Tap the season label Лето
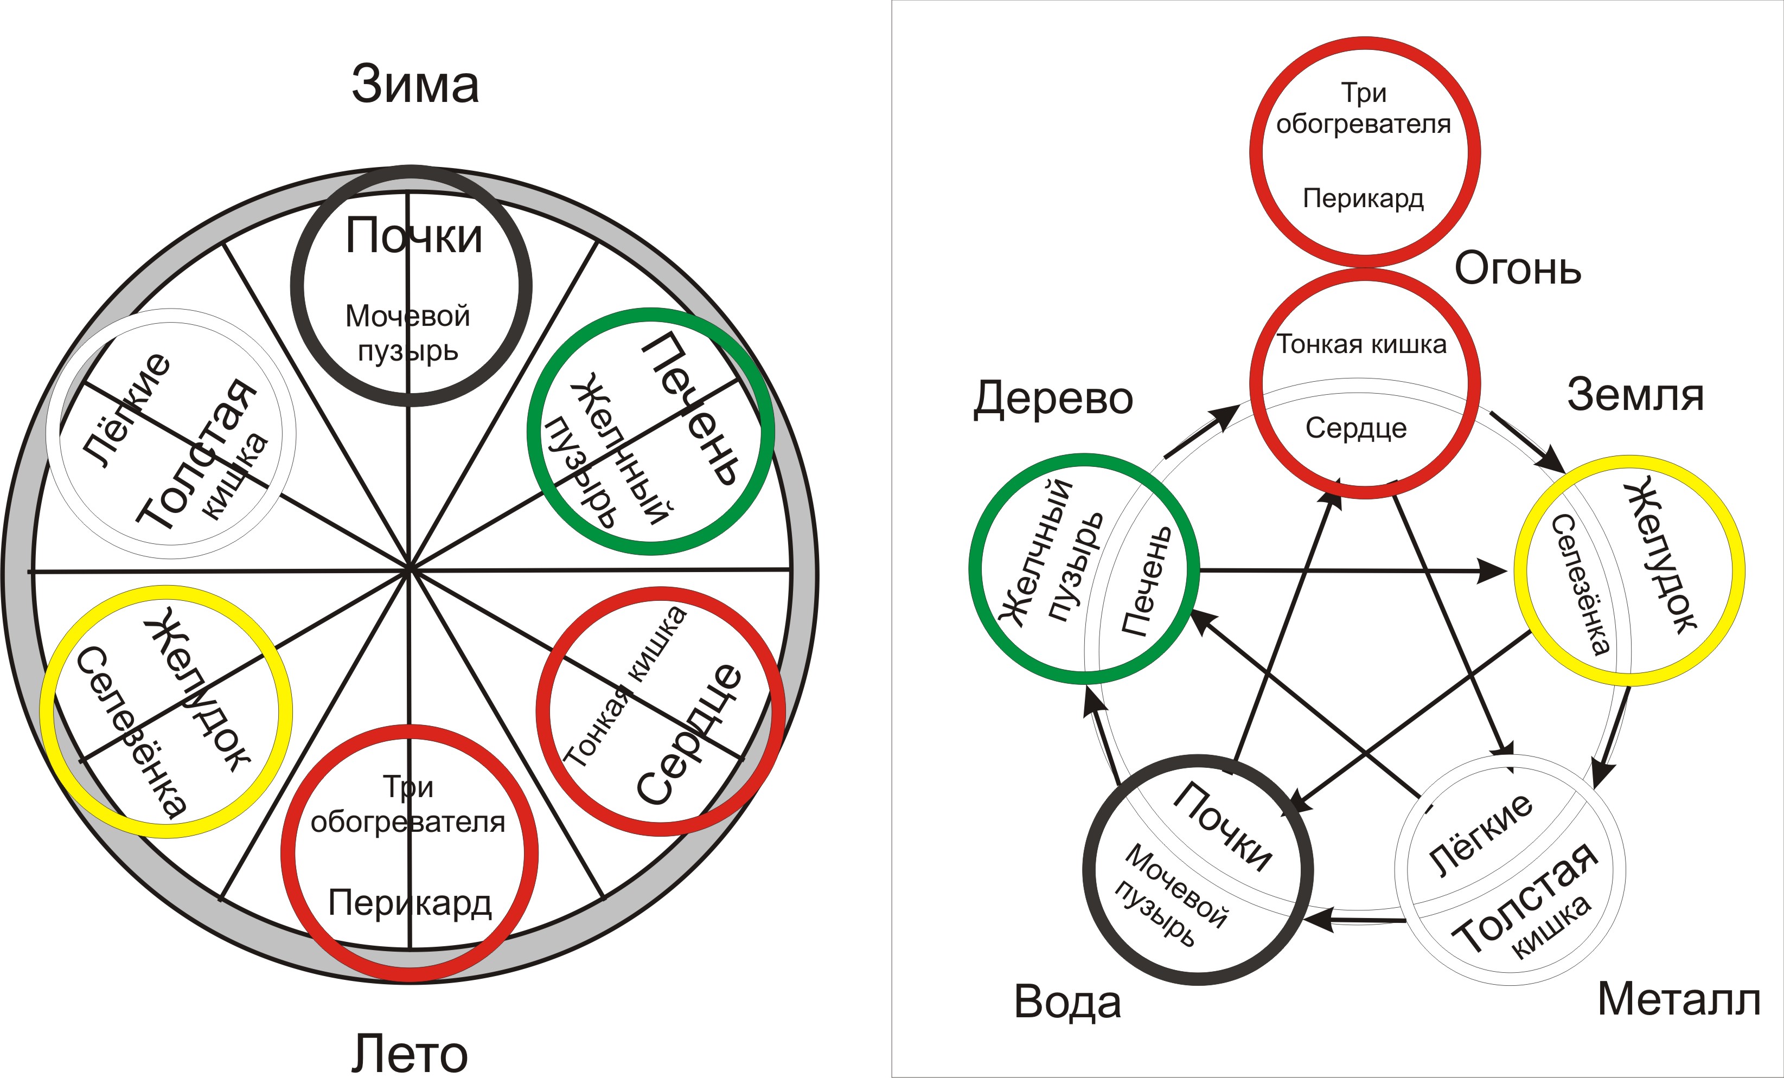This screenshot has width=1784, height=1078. coord(410,1054)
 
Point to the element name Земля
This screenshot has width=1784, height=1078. coord(1635,395)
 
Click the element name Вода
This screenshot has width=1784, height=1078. coord(1067,1003)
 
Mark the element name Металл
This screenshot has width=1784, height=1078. coord(1678,1000)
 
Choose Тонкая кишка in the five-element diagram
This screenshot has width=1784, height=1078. coord(1361,345)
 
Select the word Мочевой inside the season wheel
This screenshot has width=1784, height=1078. coord(408,316)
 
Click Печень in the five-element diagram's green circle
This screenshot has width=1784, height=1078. coord(1146,581)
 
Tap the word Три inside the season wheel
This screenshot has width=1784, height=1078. coord(408,786)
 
